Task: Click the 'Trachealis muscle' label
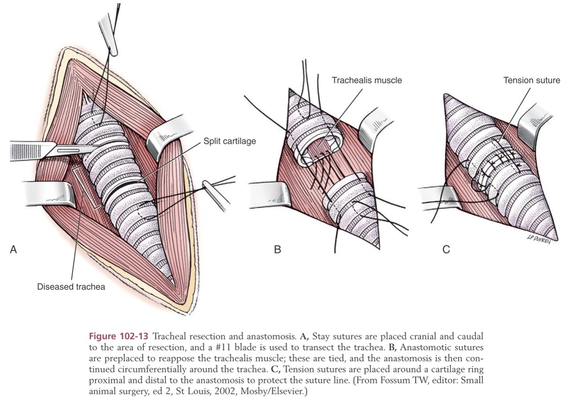367,81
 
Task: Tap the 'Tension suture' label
531,81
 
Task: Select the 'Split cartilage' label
230,142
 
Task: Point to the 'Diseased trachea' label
71,287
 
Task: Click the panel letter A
14,250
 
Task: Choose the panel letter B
277,250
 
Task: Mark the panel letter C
446,250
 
